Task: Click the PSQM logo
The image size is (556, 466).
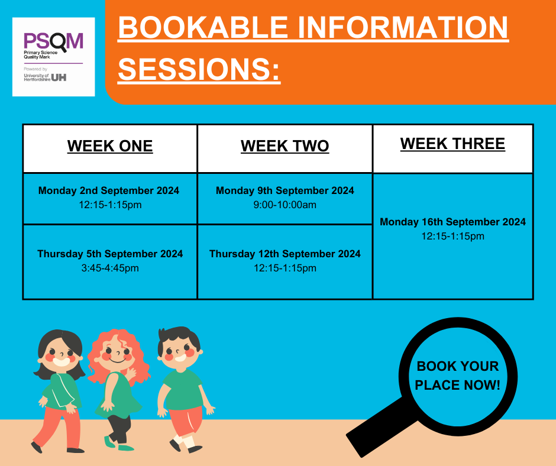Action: pos(53,41)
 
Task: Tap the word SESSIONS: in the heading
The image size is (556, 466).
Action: pos(199,70)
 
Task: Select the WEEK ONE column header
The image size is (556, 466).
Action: pos(110,146)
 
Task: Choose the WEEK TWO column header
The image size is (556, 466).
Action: pos(285,146)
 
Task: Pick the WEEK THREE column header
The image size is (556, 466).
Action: pos(452,144)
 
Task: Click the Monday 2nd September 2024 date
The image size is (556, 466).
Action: pos(109,190)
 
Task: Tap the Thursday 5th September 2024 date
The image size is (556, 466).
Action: pos(110,254)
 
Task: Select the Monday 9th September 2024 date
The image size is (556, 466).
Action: pos(285,190)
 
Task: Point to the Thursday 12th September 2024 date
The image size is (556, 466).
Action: pos(285,254)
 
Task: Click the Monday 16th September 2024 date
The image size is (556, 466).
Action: pos(452,222)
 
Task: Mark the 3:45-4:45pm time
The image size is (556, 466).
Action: pos(110,268)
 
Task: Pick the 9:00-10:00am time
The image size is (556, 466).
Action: pos(285,205)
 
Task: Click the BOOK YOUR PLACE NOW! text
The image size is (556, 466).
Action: pos(457,376)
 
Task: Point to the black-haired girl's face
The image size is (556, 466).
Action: pos(60,355)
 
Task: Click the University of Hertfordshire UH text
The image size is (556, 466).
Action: pos(45,77)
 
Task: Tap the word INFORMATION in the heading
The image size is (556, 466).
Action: pos(408,28)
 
